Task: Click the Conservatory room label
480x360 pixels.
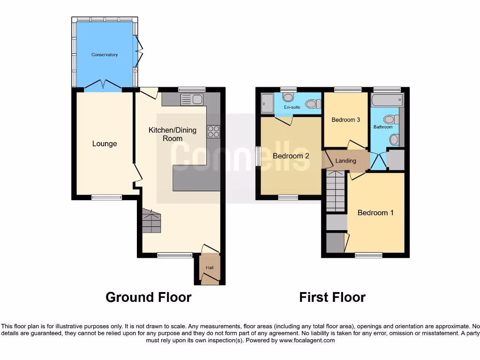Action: [105, 55]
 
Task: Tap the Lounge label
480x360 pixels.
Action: [105, 143]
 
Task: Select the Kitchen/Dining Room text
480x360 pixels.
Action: [172, 134]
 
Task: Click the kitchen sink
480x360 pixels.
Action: [191, 99]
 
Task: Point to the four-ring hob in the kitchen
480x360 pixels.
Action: [213, 132]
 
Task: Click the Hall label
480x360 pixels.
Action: [210, 268]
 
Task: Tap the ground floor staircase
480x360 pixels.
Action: [151, 221]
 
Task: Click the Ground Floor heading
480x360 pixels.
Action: [148, 297]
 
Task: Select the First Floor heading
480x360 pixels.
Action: [332, 297]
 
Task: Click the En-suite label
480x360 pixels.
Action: [292, 107]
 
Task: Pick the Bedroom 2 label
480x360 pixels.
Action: [291, 156]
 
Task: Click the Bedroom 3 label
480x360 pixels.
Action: [345, 120]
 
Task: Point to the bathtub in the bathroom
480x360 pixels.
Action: [387, 100]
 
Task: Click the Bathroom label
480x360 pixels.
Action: [382, 127]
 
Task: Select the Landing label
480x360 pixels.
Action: [346, 161]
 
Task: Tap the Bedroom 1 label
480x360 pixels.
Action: [375, 212]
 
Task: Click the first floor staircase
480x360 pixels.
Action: [336, 191]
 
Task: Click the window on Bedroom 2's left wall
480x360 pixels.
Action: [258, 156]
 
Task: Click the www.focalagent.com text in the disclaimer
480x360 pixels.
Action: [307, 340]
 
